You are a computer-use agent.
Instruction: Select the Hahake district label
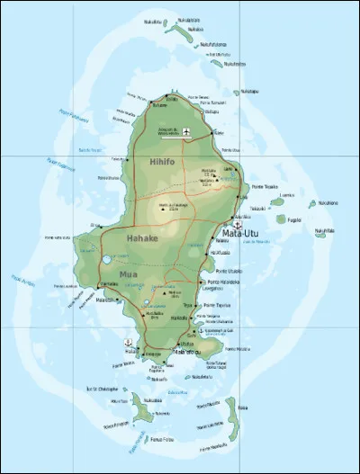[x=141, y=240]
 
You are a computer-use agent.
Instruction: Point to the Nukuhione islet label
[x=328, y=203]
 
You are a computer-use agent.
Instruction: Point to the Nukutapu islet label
[x=247, y=91]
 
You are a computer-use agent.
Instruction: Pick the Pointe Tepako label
[x=264, y=187]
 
